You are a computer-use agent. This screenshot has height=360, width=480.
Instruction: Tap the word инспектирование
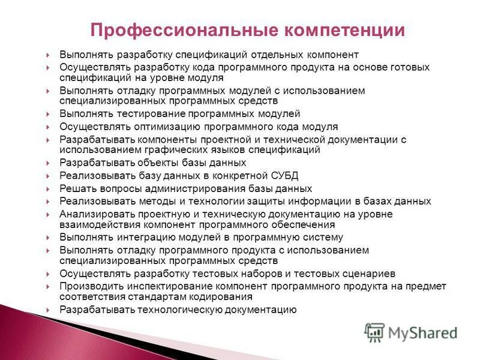[x=159, y=286]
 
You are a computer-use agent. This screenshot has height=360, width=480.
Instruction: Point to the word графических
[x=167, y=149]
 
